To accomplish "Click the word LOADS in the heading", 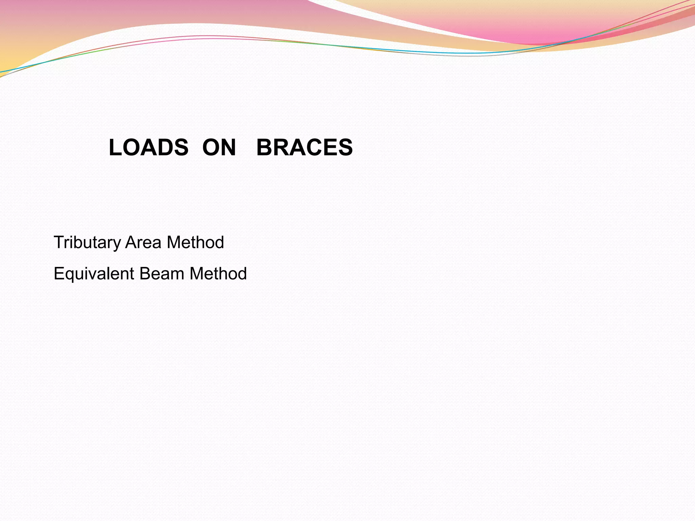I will pyautogui.click(x=148, y=148).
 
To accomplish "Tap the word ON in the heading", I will pyautogui.click(x=219, y=148).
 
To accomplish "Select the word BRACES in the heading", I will pyautogui.click(x=304, y=148).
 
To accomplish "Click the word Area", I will pyautogui.click(x=143, y=243).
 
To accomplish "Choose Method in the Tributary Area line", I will pyautogui.click(x=195, y=243).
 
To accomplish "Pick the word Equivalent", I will pyautogui.click(x=94, y=274).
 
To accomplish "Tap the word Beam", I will pyautogui.click(x=162, y=274).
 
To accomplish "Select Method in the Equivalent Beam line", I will pyautogui.click(x=218, y=274).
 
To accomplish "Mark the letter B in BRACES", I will pyautogui.click(x=264, y=148).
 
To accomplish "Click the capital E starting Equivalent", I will pyautogui.click(x=59, y=274).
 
